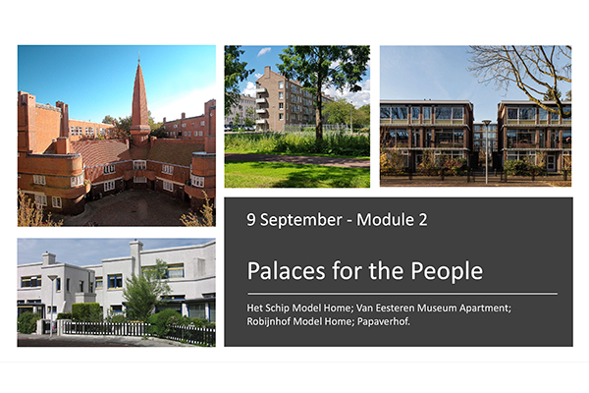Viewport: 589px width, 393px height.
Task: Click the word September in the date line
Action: click(301, 220)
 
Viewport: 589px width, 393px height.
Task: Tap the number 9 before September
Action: click(251, 220)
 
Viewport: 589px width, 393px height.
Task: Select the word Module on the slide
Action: click(384, 220)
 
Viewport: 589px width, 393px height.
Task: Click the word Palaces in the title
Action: click(287, 270)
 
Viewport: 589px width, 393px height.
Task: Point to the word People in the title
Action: click(447, 271)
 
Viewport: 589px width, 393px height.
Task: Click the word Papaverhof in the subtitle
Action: click(384, 322)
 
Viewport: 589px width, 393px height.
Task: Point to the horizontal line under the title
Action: click(402, 294)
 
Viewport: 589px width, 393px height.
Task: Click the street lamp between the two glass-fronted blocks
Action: click(487, 151)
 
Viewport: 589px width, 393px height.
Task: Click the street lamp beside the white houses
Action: click(52, 305)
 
